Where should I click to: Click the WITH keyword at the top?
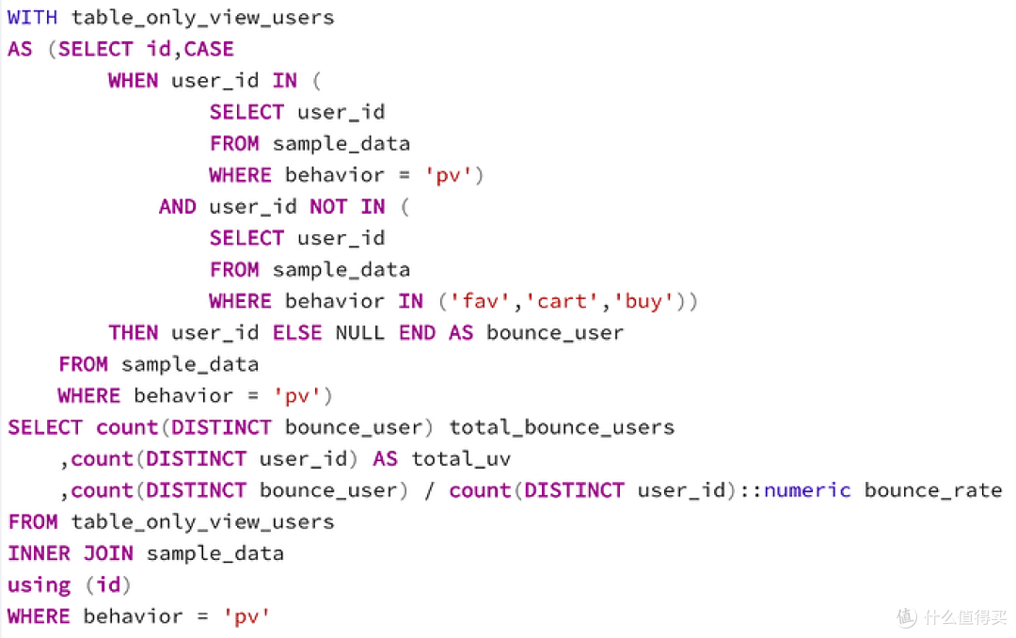(x=32, y=17)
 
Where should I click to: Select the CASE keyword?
(x=209, y=49)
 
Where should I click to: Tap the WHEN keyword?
(x=133, y=80)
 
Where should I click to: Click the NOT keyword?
(x=328, y=206)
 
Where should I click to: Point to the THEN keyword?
(x=133, y=332)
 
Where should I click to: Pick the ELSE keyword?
(x=296, y=332)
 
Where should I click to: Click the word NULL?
(x=359, y=332)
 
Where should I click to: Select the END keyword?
(x=417, y=332)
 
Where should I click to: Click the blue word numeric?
(x=807, y=490)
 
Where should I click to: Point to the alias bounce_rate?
(x=933, y=490)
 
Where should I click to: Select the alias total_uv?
(x=461, y=459)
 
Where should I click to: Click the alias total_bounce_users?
(x=562, y=427)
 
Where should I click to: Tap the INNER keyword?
(x=39, y=553)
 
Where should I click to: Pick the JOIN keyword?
(x=108, y=553)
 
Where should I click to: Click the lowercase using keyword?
(x=39, y=585)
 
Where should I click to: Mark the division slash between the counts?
(x=429, y=491)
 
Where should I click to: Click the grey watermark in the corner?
(x=952, y=616)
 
